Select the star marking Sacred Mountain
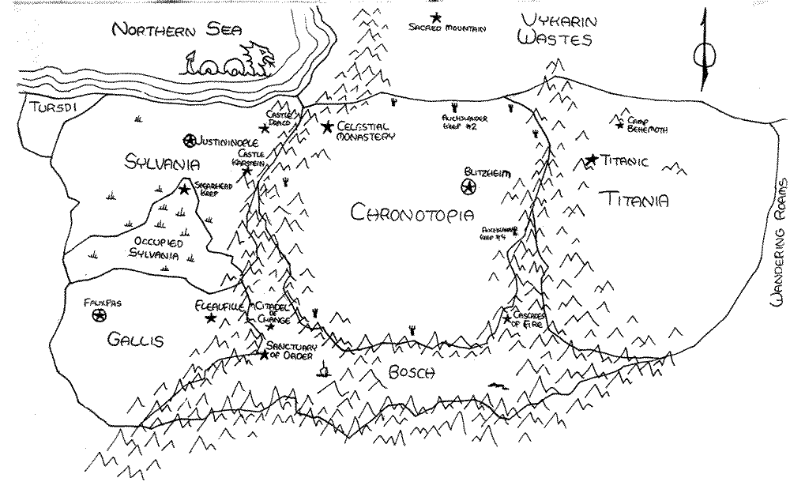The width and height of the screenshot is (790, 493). pos(435,17)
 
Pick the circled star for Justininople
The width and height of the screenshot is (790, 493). pos(189,141)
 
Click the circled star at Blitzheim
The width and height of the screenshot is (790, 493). pos(468,187)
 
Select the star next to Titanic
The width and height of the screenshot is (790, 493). pos(590,160)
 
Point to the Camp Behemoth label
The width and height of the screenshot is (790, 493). pos(648,126)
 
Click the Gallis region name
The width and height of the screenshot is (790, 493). pos(134,341)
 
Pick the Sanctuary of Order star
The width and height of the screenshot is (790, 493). pos(263,355)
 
